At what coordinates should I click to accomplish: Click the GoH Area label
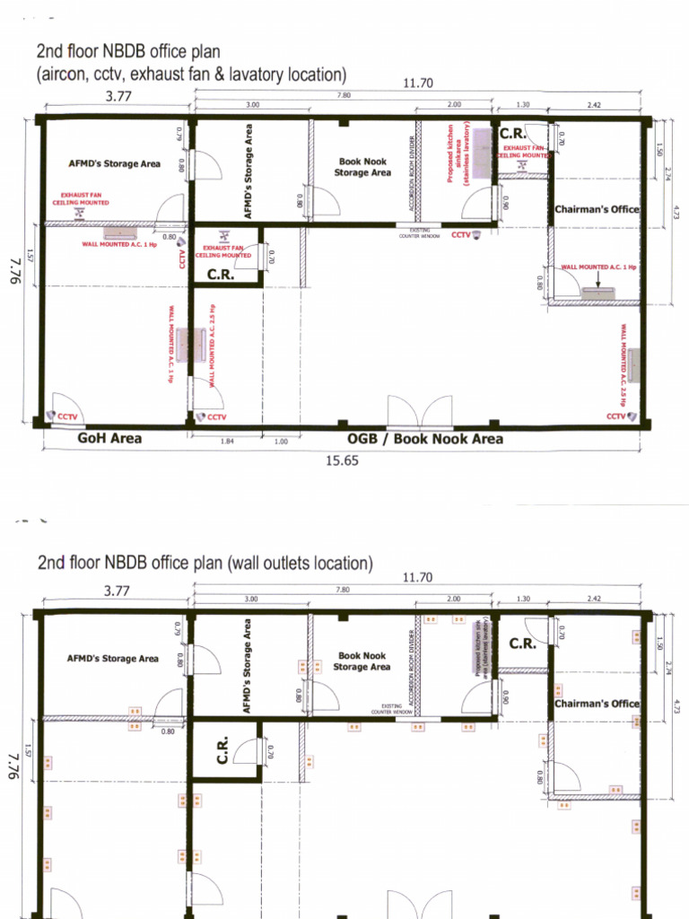click(x=109, y=439)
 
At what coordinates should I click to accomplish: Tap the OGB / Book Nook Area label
click(x=424, y=439)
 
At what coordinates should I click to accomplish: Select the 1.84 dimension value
click(x=226, y=442)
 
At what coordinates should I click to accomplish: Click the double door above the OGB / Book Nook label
click(x=419, y=412)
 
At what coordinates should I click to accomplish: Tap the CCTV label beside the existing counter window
click(x=461, y=235)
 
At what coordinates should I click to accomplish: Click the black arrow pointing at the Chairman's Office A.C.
click(x=598, y=279)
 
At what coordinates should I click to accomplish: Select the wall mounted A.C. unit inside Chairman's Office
click(x=597, y=293)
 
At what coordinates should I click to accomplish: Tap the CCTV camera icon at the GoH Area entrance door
click(x=50, y=416)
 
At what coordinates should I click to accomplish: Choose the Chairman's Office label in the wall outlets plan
click(x=597, y=704)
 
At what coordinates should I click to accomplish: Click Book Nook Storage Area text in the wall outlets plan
click(x=362, y=661)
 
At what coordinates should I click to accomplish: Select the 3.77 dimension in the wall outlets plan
click(x=113, y=590)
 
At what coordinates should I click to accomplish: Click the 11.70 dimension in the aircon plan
click(x=418, y=83)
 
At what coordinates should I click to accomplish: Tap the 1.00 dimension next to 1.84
click(x=281, y=442)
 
